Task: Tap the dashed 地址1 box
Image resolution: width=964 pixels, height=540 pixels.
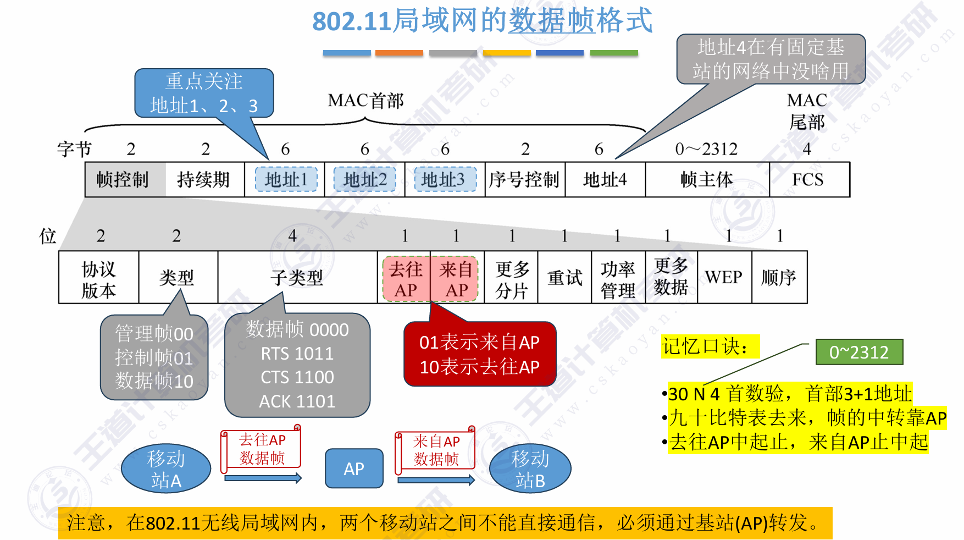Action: point(286,180)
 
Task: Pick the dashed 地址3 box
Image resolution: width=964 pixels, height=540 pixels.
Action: point(445,180)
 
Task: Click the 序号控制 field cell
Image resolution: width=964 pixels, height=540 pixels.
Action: point(524,180)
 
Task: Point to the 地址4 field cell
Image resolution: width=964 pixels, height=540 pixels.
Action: point(605,180)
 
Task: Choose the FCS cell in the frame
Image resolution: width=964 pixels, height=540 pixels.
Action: point(808,180)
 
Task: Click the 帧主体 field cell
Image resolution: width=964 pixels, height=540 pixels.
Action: point(707,180)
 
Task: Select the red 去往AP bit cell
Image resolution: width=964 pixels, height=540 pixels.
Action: point(406,279)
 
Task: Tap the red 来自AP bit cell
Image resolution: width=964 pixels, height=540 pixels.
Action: point(456,279)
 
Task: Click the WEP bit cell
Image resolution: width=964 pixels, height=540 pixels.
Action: point(724,278)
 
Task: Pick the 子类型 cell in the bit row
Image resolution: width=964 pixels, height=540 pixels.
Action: point(297,278)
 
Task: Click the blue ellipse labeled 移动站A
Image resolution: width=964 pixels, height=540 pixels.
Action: point(166,469)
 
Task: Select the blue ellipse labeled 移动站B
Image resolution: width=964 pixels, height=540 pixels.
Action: point(530,469)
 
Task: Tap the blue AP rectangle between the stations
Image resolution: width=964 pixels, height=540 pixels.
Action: point(354,469)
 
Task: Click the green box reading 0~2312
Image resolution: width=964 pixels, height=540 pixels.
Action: point(858,352)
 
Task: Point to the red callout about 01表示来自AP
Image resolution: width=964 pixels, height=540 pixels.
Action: point(480,354)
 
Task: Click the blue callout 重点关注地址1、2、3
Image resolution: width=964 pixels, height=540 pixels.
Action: point(204,93)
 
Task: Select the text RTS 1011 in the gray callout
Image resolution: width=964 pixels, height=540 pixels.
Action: point(297,354)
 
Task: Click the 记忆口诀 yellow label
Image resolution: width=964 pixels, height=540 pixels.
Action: point(710,346)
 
